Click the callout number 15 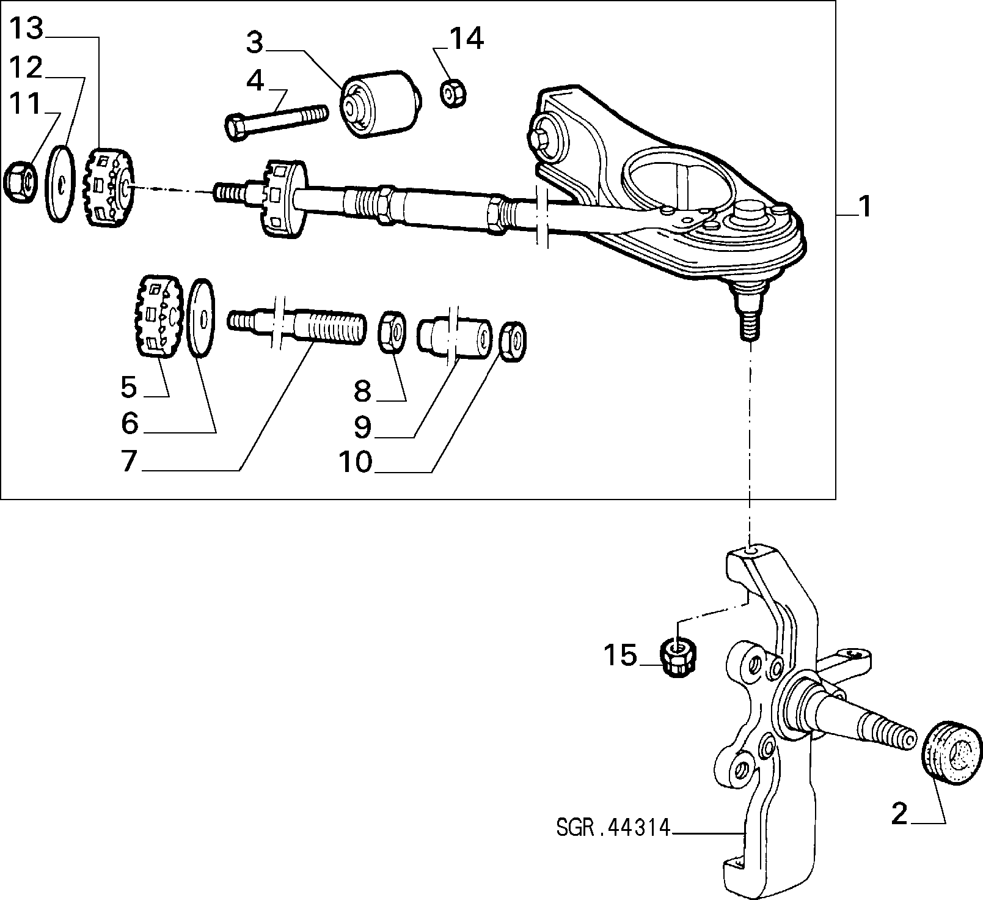click(620, 655)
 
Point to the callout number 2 click(899, 815)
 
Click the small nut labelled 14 click(453, 94)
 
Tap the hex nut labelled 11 click(20, 181)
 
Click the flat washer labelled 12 click(59, 183)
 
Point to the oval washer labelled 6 click(201, 318)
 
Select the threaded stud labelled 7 click(297, 323)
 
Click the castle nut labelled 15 click(678, 657)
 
